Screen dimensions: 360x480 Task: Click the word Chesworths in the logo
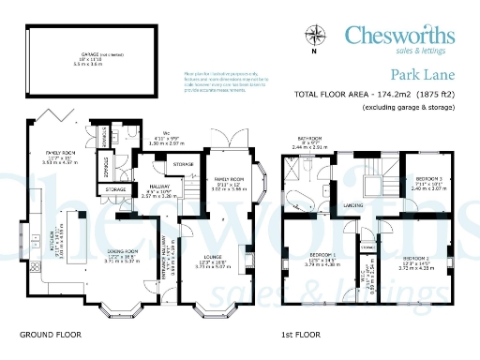coord(400,36)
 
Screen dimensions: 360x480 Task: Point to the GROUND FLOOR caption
coord(51,334)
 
